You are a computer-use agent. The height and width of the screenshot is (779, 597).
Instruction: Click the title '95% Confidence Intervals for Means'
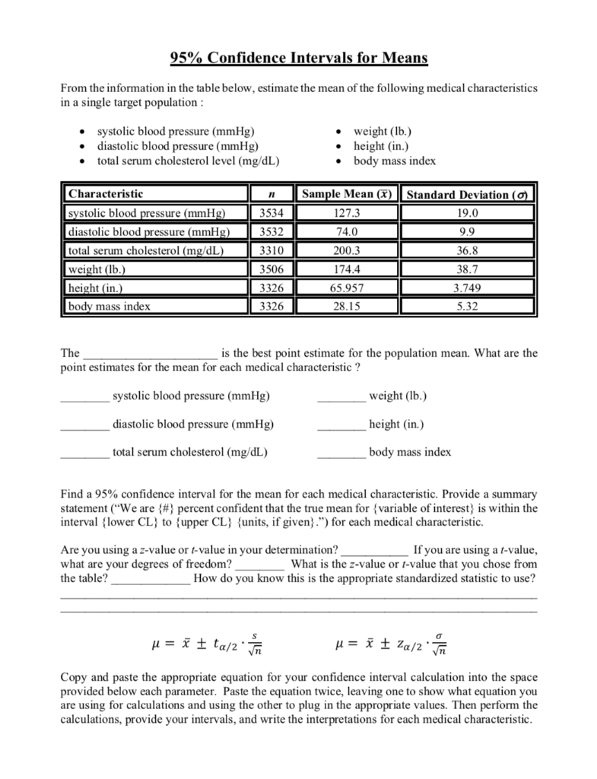(298, 58)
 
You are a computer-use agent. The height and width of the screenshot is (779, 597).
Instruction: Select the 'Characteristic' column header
(105, 194)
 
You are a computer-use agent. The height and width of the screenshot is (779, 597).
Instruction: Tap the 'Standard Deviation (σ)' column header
(467, 195)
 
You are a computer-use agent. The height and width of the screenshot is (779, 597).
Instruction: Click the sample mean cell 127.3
(346, 213)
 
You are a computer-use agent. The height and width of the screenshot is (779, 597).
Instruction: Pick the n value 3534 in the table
(272, 213)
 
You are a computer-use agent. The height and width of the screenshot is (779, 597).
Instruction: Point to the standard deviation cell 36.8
(466, 250)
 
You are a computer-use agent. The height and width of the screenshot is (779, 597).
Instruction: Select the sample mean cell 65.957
(346, 288)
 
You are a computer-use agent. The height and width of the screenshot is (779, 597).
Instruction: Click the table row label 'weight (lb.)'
(97, 269)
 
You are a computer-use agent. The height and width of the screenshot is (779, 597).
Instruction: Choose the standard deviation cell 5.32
(466, 307)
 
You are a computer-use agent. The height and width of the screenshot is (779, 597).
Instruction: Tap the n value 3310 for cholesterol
(272, 250)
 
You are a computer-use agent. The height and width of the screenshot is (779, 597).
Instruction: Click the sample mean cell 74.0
(346, 231)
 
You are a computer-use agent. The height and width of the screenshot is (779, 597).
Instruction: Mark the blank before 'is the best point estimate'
(150, 355)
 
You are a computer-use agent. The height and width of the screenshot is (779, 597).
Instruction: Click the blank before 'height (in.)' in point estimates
(341, 425)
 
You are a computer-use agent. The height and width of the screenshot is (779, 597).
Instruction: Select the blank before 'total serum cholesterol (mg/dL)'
(84, 453)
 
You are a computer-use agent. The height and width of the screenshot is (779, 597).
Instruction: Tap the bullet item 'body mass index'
(395, 161)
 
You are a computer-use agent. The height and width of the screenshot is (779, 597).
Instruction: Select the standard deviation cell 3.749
(466, 288)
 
